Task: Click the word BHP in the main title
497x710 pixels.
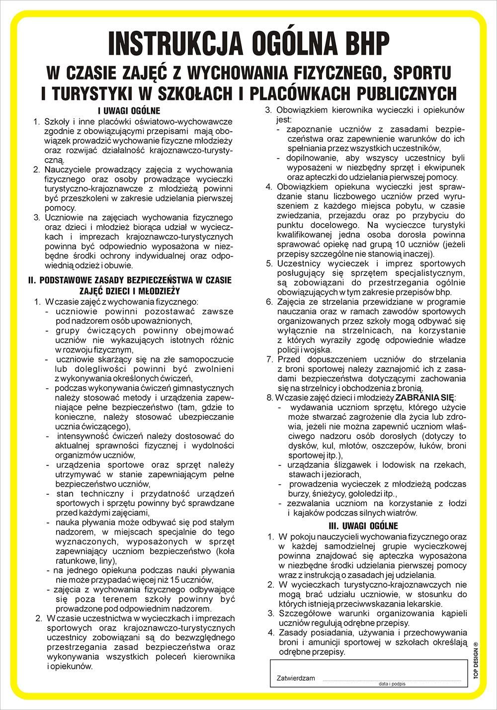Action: click(x=357, y=43)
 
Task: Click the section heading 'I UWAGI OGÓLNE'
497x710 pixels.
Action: click(x=129, y=111)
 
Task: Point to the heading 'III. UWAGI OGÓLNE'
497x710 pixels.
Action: click(x=367, y=526)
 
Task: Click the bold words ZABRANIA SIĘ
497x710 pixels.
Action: click(x=424, y=397)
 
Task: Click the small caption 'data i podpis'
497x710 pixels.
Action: click(x=392, y=684)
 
